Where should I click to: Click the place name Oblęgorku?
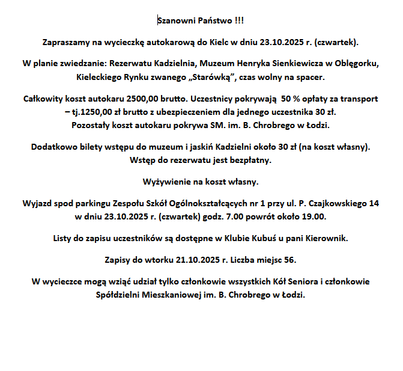click(x=357, y=63)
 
